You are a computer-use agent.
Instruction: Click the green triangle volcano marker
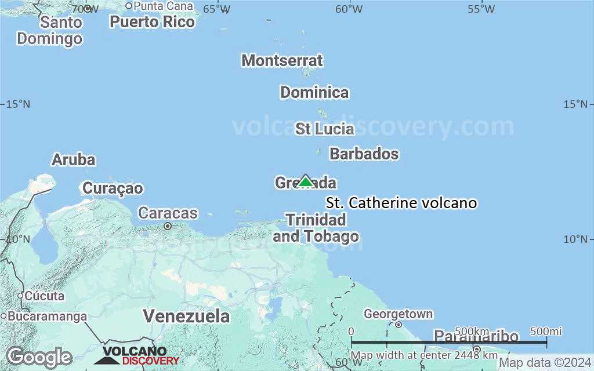[305, 181]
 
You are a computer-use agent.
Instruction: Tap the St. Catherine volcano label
[401, 203]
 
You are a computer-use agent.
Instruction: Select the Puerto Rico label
[153, 22]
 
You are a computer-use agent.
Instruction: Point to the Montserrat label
[282, 60]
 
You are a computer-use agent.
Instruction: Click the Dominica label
[314, 92]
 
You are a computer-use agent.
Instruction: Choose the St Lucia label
[324, 129]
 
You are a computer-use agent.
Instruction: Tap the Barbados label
[364, 154]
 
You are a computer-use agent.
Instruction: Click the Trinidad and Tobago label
[316, 228]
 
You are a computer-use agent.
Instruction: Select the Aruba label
[74, 159]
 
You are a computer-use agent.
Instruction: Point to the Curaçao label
[113, 188]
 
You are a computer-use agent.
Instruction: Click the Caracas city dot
[168, 226]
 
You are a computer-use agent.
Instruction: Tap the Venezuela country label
[186, 316]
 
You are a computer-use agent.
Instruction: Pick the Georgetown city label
[398, 314]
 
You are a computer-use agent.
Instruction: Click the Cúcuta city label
[45, 296]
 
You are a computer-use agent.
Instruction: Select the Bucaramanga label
[48, 317]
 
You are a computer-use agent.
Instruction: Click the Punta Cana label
[163, 6]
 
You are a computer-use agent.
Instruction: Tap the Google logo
[39, 357]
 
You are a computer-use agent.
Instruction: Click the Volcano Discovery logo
[137, 355]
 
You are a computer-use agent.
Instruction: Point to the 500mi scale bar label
[546, 331]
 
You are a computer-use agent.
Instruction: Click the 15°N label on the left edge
[18, 104]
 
